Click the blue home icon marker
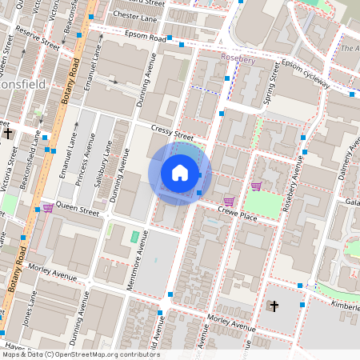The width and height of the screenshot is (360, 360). [x=180, y=173]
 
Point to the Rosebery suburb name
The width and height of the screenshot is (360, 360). [x=238, y=58]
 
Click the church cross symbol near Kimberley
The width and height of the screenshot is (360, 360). [x=274, y=306]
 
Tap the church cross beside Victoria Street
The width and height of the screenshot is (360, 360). [x=8, y=134]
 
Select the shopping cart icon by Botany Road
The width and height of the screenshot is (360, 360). [x=47, y=208]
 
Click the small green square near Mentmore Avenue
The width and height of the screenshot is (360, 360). [x=134, y=237]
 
